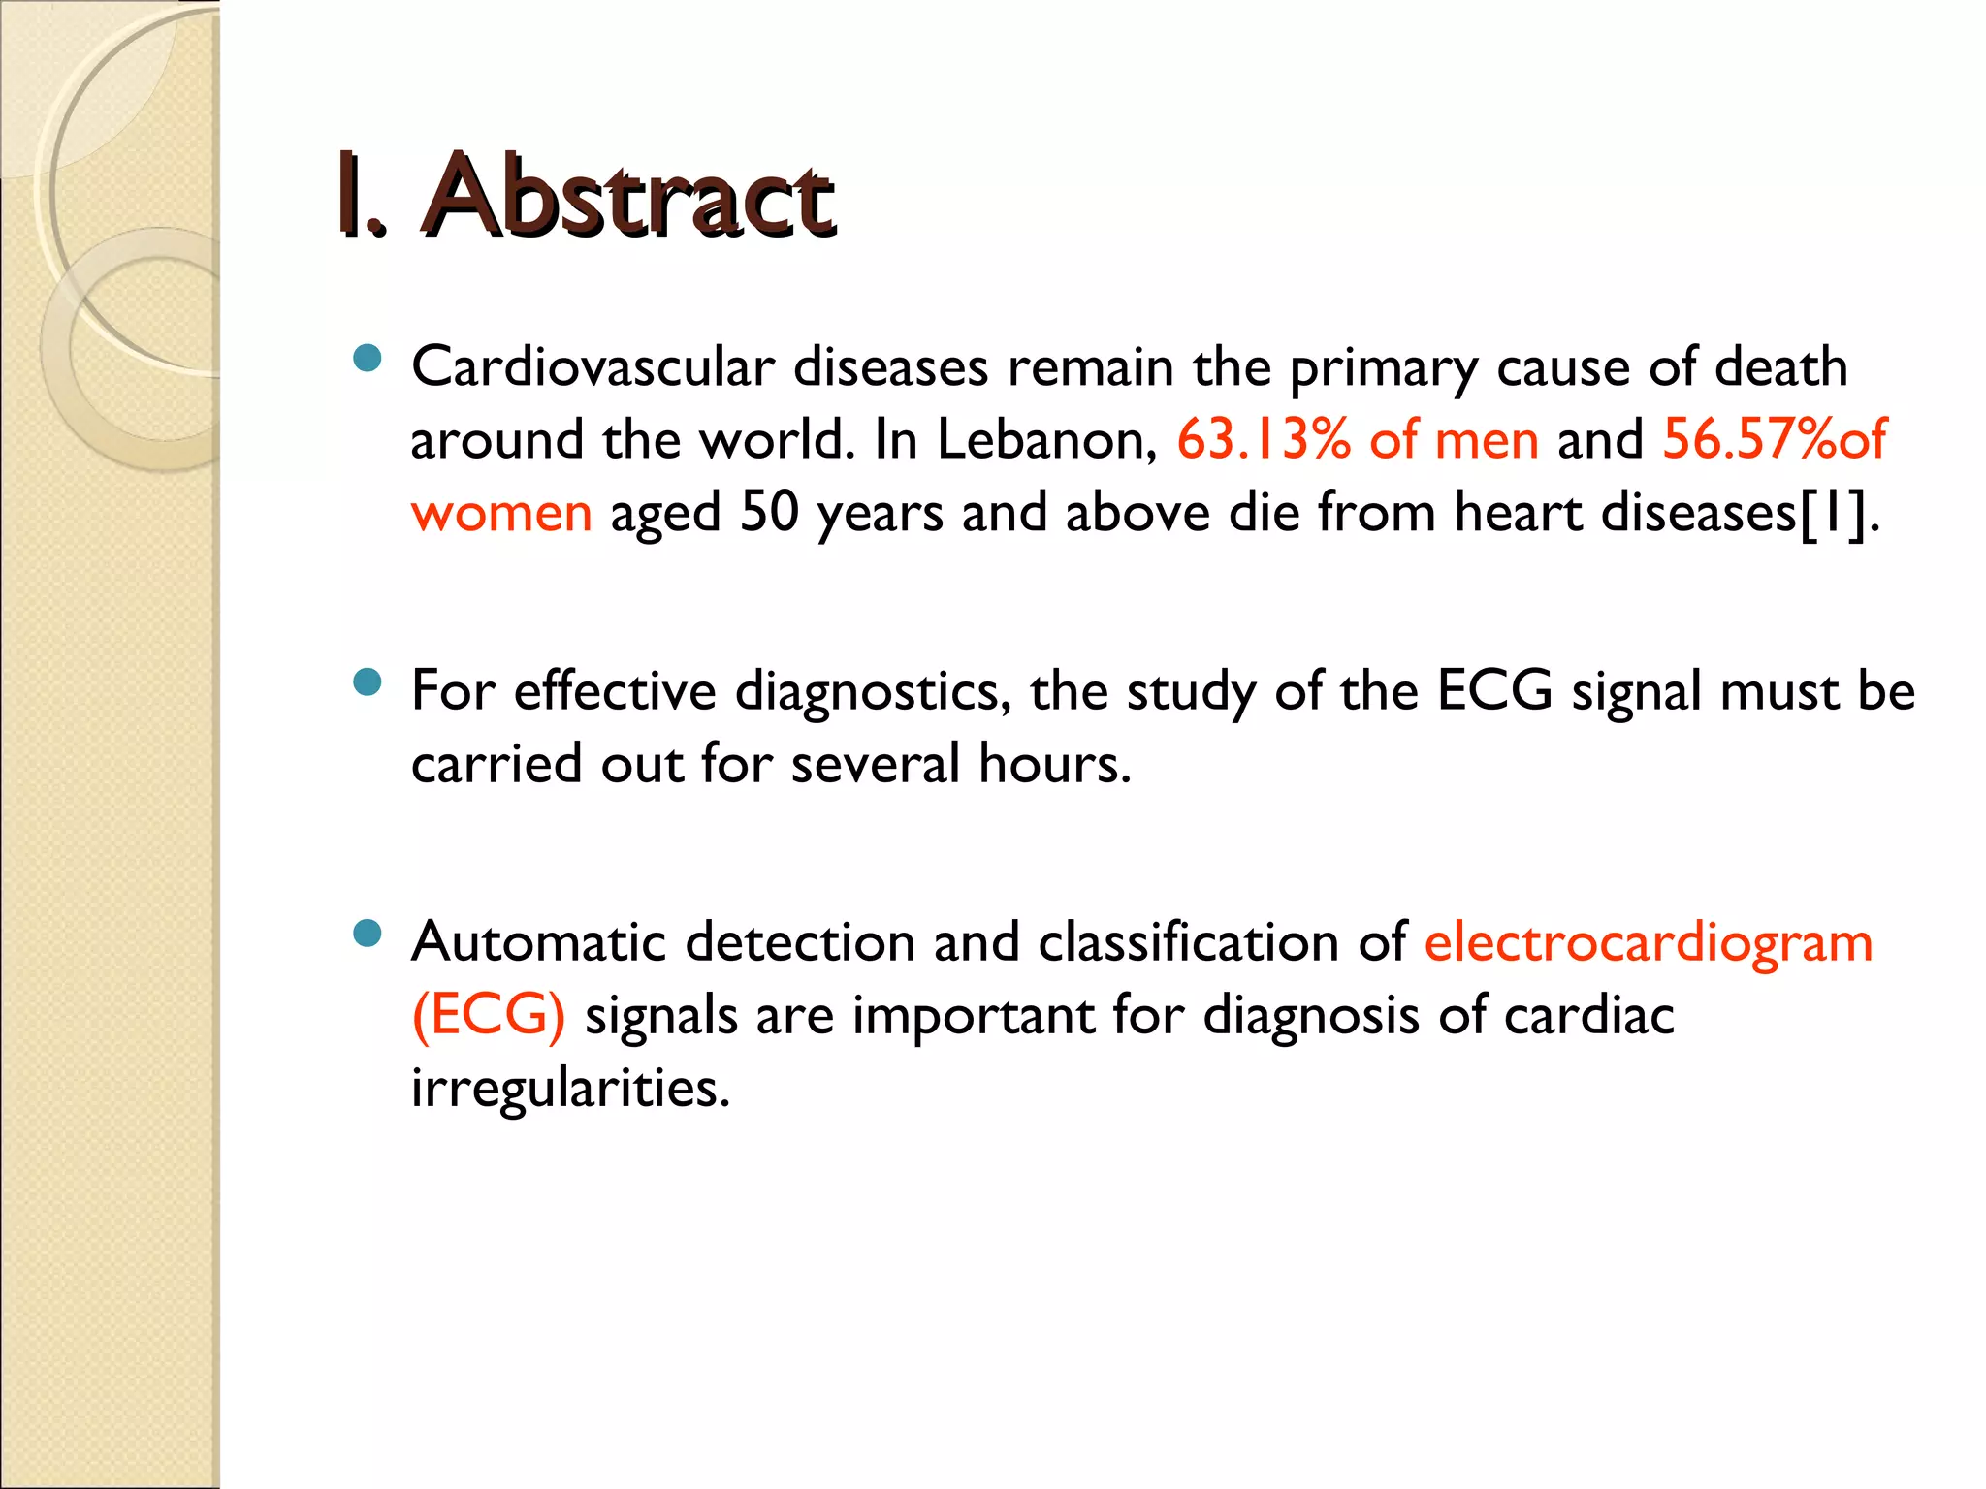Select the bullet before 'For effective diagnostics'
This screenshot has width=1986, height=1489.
tap(368, 684)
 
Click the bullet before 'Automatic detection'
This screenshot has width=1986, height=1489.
tap(368, 935)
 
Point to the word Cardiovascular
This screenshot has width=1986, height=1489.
tap(593, 367)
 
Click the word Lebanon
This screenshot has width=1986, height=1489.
tap(1047, 440)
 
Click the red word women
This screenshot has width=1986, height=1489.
tap(501, 514)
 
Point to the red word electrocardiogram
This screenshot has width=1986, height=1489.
tap(1649, 944)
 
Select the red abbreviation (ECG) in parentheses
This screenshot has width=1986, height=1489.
tap(489, 1016)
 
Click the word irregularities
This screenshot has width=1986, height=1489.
tap(569, 1089)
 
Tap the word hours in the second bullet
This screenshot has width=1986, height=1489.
tap(1054, 764)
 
